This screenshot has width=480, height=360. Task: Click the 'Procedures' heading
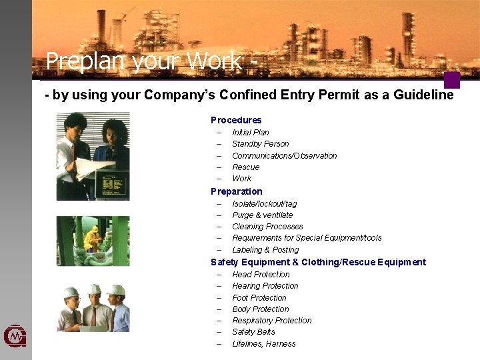pyautogui.click(x=236, y=120)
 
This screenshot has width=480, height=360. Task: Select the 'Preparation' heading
pyautogui.click(x=237, y=191)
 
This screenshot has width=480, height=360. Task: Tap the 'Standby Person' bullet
pyautogui.click(x=260, y=144)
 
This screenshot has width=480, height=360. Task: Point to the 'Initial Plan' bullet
pyautogui.click(x=250, y=133)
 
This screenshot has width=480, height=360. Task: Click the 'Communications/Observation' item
pyautogui.click(x=284, y=156)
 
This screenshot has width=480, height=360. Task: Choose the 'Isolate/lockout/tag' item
pyautogui.click(x=264, y=204)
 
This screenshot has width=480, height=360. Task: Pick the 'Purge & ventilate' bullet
pyautogui.click(x=262, y=215)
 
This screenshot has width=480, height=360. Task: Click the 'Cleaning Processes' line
pyautogui.click(x=267, y=227)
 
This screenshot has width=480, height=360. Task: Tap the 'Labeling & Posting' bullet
pyautogui.click(x=265, y=250)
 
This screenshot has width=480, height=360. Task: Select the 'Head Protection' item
pyautogui.click(x=261, y=275)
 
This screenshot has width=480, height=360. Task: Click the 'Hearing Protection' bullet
pyautogui.click(x=265, y=286)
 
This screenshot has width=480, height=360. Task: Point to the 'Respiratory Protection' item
pyautogui.click(x=271, y=321)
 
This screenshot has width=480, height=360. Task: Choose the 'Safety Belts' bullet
pyautogui.click(x=253, y=332)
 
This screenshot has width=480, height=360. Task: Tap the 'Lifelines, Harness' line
pyautogui.click(x=263, y=344)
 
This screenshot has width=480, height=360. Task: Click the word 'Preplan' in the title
pyautogui.click(x=86, y=62)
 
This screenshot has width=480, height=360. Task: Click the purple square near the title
pyautogui.click(x=452, y=80)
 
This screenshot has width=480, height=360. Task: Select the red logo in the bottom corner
pyautogui.click(x=15, y=337)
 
